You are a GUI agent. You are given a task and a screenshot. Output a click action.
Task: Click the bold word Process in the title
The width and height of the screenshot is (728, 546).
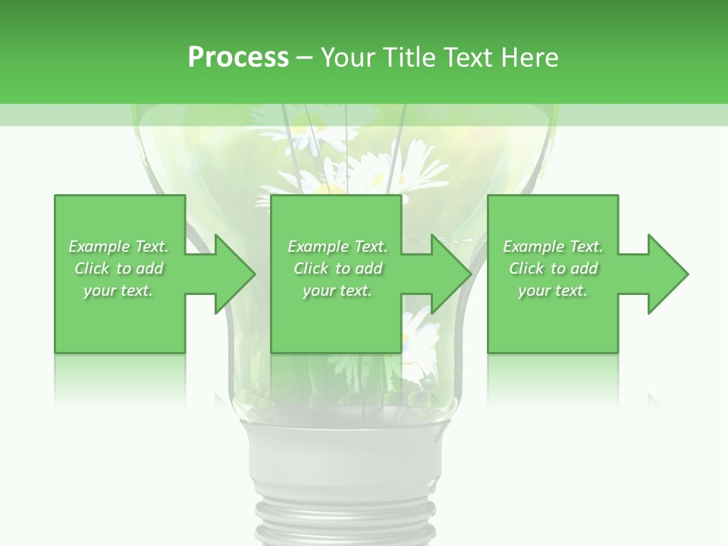[x=238, y=58]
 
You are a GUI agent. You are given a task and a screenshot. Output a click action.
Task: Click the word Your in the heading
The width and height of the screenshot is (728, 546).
[x=348, y=58]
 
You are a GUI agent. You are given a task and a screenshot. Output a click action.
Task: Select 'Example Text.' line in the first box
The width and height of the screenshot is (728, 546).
[x=118, y=246]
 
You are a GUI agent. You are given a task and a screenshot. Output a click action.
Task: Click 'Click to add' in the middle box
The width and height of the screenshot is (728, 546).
[x=337, y=268]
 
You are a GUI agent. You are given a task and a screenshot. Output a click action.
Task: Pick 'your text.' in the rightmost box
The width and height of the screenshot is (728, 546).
[x=553, y=290]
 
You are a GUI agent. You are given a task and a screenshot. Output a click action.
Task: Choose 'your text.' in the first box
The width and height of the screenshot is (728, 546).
[x=118, y=290]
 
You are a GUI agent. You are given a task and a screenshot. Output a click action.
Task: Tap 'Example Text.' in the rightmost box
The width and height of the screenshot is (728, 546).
[x=553, y=246]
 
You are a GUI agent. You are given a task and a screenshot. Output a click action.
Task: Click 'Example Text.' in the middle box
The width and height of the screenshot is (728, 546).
[x=337, y=246]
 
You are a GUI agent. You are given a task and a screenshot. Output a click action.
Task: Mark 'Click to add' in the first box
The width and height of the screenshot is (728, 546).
[x=118, y=268]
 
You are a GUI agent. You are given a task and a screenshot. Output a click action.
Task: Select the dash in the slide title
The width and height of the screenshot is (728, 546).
[x=305, y=58]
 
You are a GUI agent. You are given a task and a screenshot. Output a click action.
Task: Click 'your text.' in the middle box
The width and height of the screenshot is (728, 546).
[x=337, y=290]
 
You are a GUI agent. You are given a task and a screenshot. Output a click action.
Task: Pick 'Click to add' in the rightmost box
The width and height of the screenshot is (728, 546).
[x=553, y=268]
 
